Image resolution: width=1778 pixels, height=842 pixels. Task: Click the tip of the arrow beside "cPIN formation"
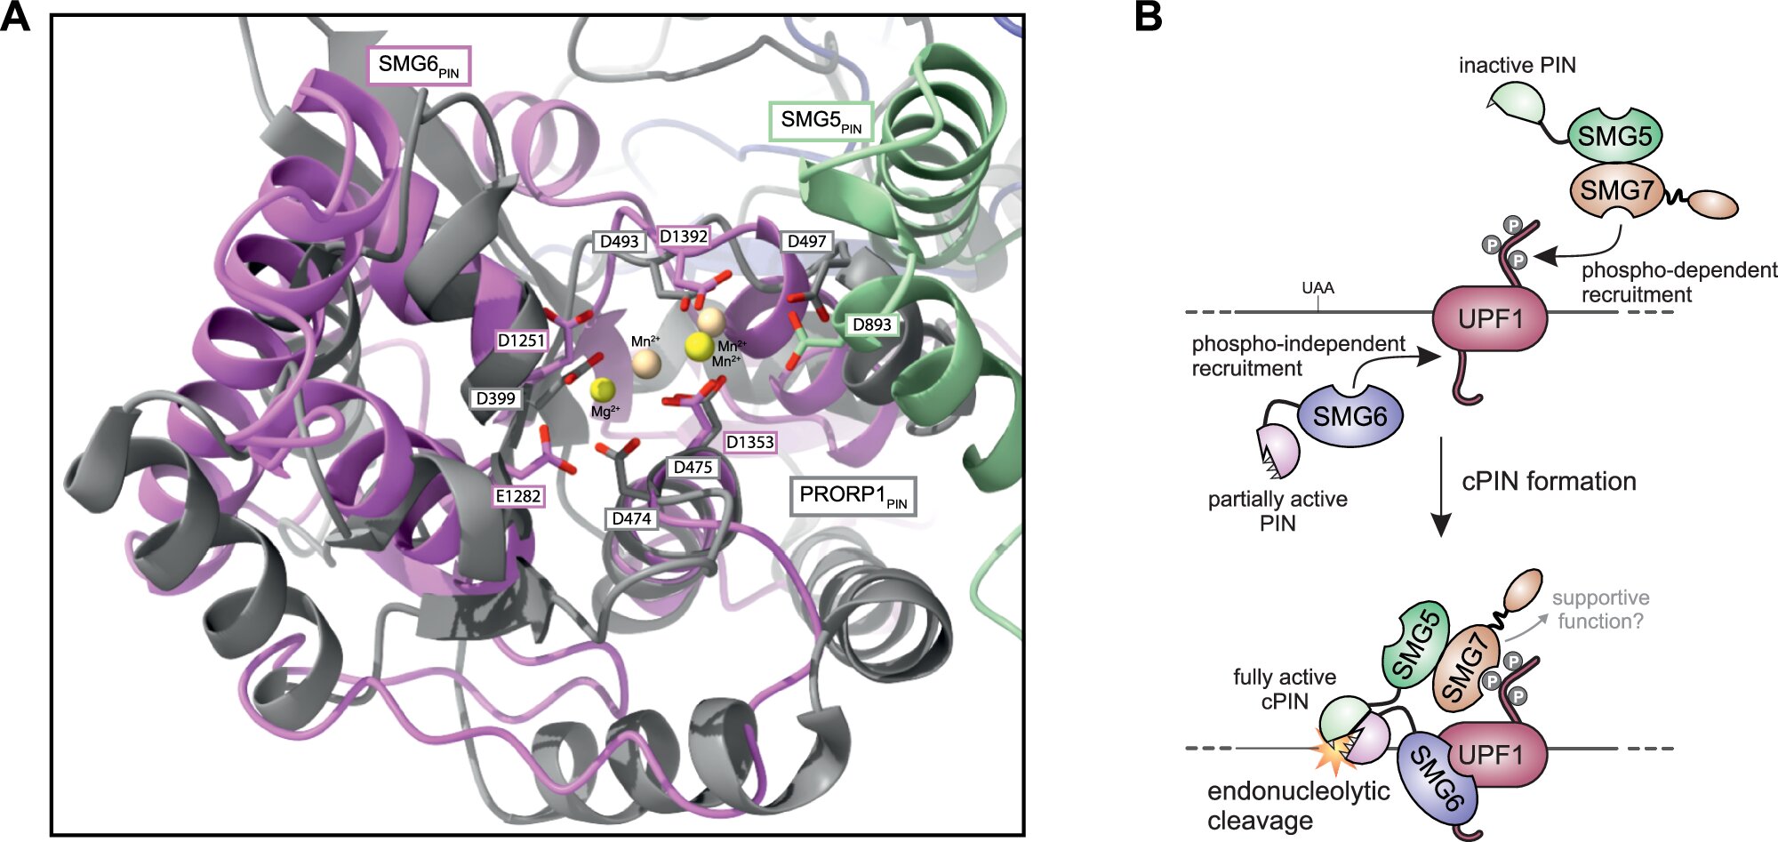point(1441,536)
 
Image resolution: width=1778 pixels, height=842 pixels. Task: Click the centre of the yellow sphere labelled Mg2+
point(603,389)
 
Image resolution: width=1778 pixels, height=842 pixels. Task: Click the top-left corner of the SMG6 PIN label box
point(368,47)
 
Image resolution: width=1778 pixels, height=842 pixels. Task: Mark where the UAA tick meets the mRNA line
point(1317,312)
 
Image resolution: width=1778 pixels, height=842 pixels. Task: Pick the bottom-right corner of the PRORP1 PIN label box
point(916,515)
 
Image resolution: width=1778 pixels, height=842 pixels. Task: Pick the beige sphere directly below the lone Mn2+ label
point(645,363)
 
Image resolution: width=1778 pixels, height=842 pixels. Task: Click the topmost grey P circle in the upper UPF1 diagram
point(1512,225)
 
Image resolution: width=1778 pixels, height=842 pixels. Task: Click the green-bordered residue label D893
point(871,325)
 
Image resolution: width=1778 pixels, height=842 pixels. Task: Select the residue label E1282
point(518,496)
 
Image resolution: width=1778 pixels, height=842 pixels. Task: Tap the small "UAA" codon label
point(1317,288)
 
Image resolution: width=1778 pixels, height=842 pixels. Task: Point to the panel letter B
point(1149,17)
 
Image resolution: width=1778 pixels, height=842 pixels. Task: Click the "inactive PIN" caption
point(1518,65)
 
